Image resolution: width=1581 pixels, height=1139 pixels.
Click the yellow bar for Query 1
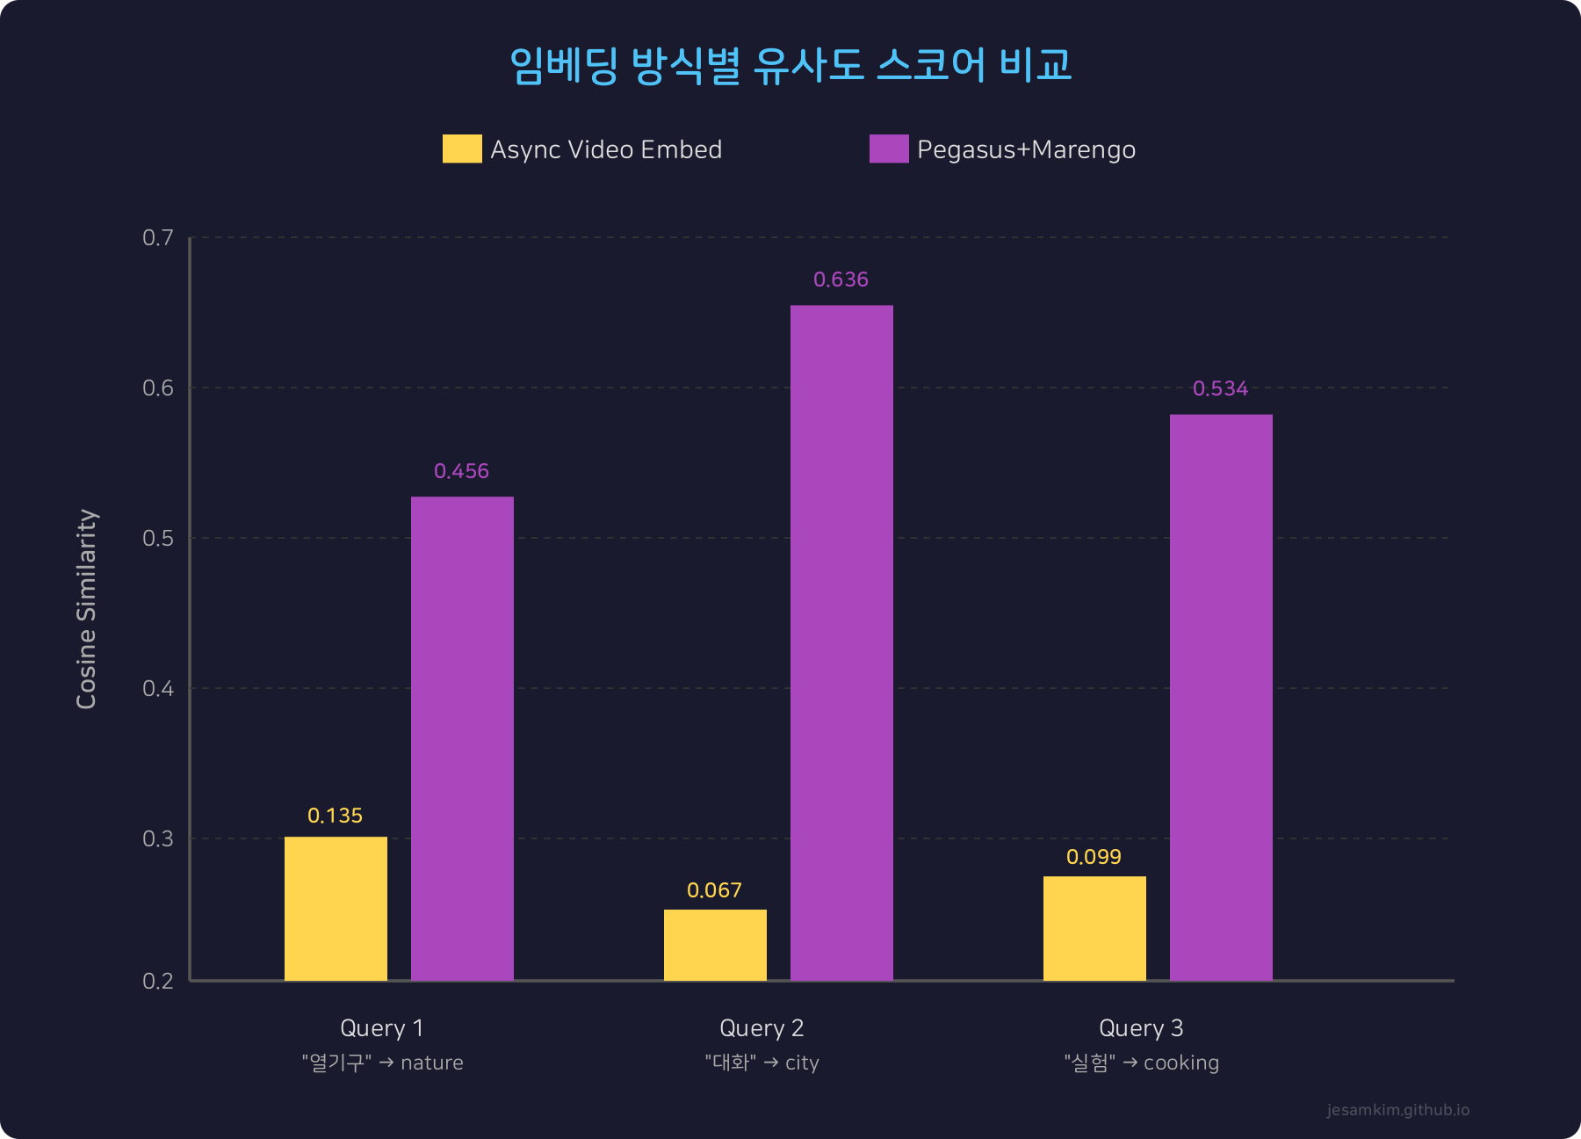tap(336, 908)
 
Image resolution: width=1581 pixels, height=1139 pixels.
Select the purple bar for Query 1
tap(462, 738)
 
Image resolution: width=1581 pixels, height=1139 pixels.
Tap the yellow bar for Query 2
tap(715, 945)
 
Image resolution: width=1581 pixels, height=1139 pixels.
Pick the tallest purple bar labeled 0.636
tap(841, 642)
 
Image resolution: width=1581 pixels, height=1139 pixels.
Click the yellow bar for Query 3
tap(1094, 928)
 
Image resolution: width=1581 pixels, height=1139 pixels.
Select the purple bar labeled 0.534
tap(1221, 697)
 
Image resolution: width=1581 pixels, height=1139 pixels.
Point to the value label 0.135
tap(335, 816)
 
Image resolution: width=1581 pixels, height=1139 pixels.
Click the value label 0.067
tap(714, 890)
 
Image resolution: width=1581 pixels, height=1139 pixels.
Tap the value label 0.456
tap(461, 471)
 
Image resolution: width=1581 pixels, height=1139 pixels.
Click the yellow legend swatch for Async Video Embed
tap(462, 149)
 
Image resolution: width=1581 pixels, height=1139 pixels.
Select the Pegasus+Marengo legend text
tap(1026, 149)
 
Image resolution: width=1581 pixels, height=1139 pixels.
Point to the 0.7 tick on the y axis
tap(158, 237)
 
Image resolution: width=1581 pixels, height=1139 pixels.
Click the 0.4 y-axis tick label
tap(158, 688)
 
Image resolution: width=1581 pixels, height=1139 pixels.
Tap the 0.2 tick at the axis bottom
tap(158, 981)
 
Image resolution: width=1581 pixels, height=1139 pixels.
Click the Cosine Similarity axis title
tap(86, 608)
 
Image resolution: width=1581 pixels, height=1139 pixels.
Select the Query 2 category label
tap(762, 1027)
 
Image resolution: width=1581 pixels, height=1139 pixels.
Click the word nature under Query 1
tap(431, 1063)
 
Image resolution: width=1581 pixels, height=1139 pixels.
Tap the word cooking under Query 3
tap(1180, 1063)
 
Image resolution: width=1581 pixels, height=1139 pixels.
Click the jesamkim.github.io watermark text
tap(1397, 1110)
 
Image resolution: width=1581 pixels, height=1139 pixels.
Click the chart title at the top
tap(790, 65)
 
